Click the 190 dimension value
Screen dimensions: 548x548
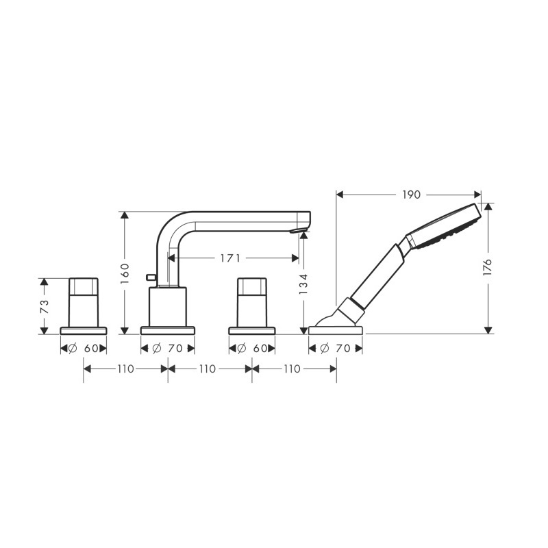coord(411,195)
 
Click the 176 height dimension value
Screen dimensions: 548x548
coord(487,267)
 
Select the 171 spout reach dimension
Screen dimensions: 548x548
coord(230,258)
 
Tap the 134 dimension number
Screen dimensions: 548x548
coord(303,284)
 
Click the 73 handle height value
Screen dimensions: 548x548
coord(45,307)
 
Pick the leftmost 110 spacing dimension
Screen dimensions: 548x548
coord(125,369)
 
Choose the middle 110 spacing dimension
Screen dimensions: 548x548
coord(208,369)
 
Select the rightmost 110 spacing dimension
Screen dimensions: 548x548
coord(292,369)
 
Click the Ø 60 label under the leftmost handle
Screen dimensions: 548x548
coord(83,349)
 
